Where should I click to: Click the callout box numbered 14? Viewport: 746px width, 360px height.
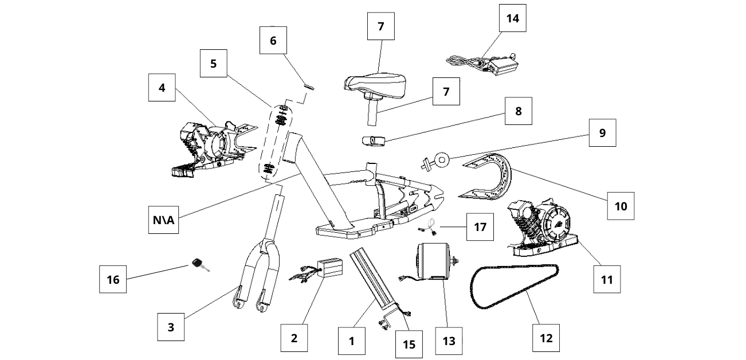coord(512,18)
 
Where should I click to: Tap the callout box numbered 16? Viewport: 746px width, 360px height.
coord(113,280)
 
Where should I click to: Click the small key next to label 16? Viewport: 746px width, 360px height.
coord(199,264)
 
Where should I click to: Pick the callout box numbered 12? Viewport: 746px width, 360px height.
coord(547,338)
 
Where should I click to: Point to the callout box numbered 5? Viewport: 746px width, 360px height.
coord(214,63)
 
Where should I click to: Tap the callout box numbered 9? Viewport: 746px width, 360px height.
coord(602,133)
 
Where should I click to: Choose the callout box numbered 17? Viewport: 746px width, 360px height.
coord(480,227)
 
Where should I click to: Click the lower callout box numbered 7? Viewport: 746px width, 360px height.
coord(446,91)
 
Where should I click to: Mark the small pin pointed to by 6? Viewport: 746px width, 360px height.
coord(310,87)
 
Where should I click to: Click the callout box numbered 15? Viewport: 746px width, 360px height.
coord(409,344)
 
